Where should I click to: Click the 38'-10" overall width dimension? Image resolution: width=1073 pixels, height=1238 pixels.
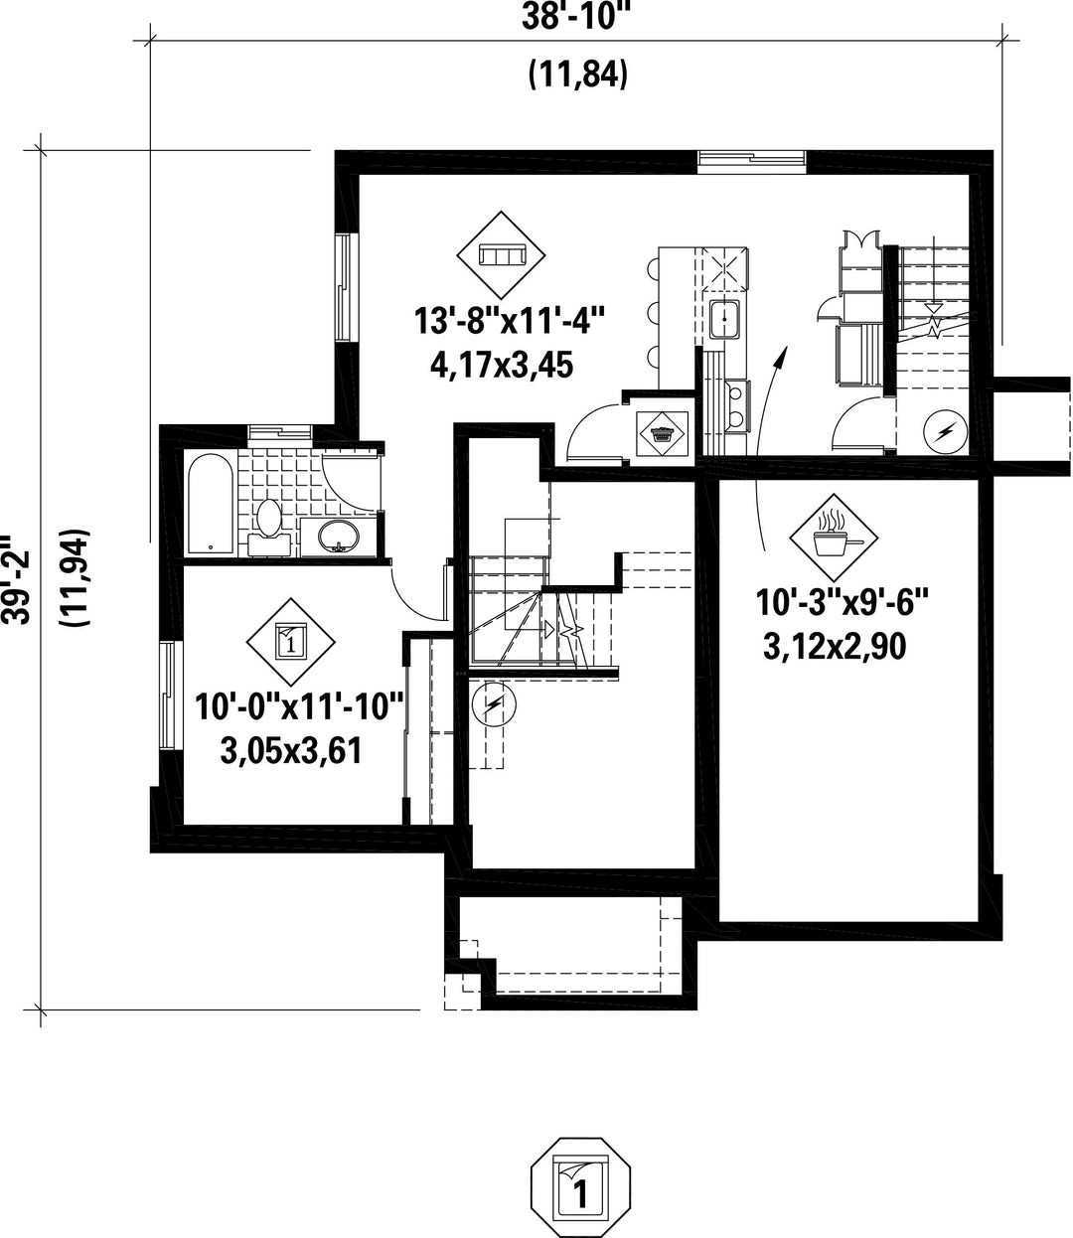coord(576,17)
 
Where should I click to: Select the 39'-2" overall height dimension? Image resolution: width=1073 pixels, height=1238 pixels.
coord(17,579)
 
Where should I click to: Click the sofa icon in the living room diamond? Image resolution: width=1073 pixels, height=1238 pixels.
coord(501,255)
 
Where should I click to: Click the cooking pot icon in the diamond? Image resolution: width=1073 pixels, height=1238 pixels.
coord(835,537)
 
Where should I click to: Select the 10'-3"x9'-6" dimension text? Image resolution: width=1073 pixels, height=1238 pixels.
coord(842,603)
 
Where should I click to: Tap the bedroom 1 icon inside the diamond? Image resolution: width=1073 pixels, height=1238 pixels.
coord(290,642)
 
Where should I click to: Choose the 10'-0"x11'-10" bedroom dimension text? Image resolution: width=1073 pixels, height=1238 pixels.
coord(299,706)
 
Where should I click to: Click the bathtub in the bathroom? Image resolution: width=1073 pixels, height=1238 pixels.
coord(211,512)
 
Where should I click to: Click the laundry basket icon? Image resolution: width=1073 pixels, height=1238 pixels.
coord(663,433)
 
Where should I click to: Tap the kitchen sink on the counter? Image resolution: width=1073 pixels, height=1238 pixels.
coord(725,319)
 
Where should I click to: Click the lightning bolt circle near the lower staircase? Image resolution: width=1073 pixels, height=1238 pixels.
coord(494,706)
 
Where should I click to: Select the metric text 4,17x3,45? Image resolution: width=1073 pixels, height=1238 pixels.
coord(502,365)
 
